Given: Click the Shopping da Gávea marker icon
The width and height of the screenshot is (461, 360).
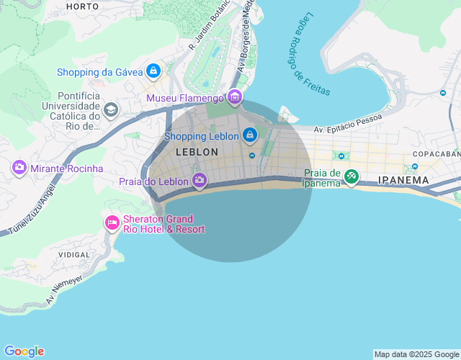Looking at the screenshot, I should pos(153,71).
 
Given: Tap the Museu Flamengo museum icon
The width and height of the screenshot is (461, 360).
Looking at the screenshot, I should pos(234,97).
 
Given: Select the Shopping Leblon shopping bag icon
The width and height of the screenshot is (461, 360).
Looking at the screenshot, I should pos(249,135).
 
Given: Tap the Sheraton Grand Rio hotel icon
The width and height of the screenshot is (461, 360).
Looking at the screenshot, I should pos(112,222).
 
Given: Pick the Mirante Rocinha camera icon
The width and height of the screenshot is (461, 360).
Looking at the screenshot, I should pos(19,168).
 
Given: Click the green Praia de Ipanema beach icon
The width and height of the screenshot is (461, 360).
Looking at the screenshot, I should pos(351,176).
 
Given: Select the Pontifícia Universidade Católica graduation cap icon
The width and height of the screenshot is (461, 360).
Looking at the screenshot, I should pos(110,109).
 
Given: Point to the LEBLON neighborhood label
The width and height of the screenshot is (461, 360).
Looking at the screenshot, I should pos(197,153).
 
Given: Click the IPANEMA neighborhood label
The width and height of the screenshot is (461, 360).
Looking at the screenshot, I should pos(403,180).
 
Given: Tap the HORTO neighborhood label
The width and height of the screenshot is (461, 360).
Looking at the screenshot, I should pos(82,6).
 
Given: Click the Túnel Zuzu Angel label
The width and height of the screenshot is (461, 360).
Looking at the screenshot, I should pos(29,210).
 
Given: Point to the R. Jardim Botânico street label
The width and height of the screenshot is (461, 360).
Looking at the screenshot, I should pos(210,24).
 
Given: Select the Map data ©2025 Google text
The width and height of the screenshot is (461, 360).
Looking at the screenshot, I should pos(416,354).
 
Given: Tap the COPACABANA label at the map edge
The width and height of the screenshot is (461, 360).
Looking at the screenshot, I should pos(437,154).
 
